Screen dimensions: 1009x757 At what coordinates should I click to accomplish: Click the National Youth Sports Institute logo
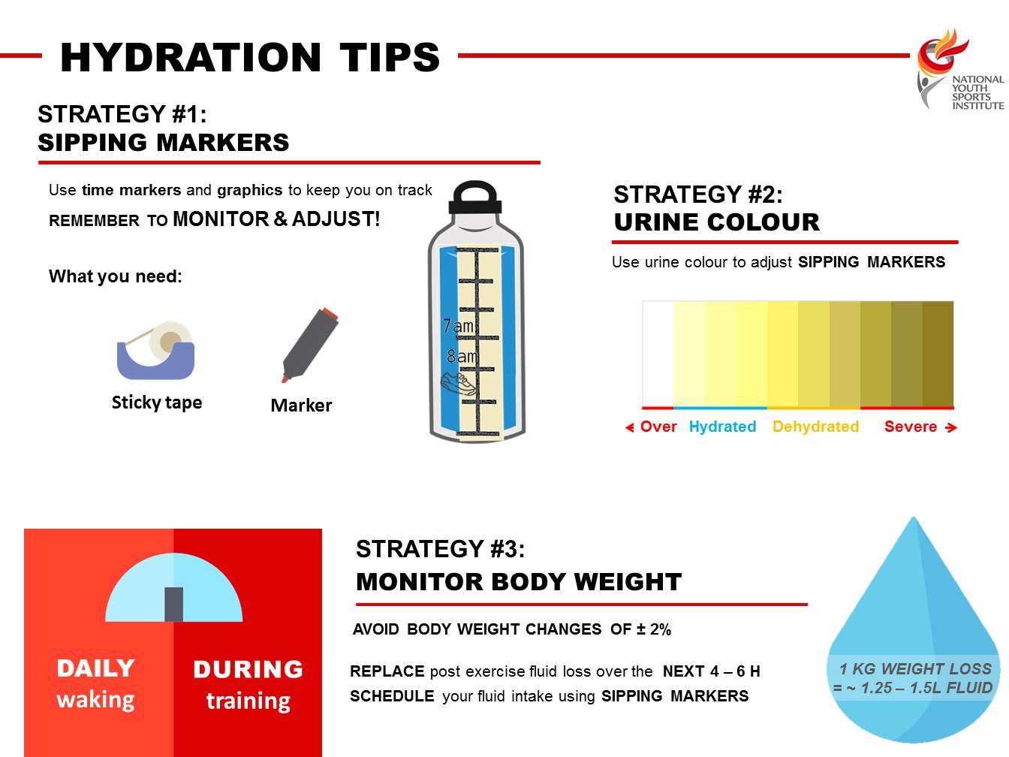[x=959, y=70]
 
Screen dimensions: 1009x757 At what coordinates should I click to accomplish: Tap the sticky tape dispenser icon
[x=156, y=350]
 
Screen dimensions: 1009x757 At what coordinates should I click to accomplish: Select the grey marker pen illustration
[x=310, y=345]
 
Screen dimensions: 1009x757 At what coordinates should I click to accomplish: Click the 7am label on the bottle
[x=458, y=326]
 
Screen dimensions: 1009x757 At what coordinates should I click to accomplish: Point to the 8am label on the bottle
[x=462, y=356]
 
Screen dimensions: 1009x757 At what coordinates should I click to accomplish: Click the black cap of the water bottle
[x=475, y=198]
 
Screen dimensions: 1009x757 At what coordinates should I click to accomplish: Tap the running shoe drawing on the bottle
[x=458, y=383]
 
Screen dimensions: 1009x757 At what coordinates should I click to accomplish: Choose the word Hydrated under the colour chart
[x=722, y=427]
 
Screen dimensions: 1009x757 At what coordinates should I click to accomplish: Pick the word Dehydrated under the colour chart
[x=815, y=427]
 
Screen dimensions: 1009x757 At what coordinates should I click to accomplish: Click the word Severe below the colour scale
[x=910, y=427]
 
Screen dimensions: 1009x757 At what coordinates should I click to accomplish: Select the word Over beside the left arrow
[x=658, y=427]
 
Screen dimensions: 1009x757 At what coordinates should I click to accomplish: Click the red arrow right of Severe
[x=951, y=428]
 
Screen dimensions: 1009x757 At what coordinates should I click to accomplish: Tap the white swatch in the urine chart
[x=658, y=354]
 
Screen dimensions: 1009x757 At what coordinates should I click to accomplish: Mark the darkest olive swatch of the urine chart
[x=938, y=354]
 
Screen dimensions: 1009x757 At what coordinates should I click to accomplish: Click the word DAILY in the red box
[x=95, y=668]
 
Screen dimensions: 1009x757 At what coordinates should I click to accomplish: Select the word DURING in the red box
[x=248, y=669]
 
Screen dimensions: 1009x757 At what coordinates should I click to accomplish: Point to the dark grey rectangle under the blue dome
[x=173, y=605]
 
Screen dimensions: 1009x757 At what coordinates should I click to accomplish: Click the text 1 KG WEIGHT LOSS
[x=915, y=668]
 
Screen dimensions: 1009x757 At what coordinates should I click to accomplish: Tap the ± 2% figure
[x=654, y=629]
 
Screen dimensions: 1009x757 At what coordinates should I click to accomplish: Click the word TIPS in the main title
[x=390, y=58]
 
